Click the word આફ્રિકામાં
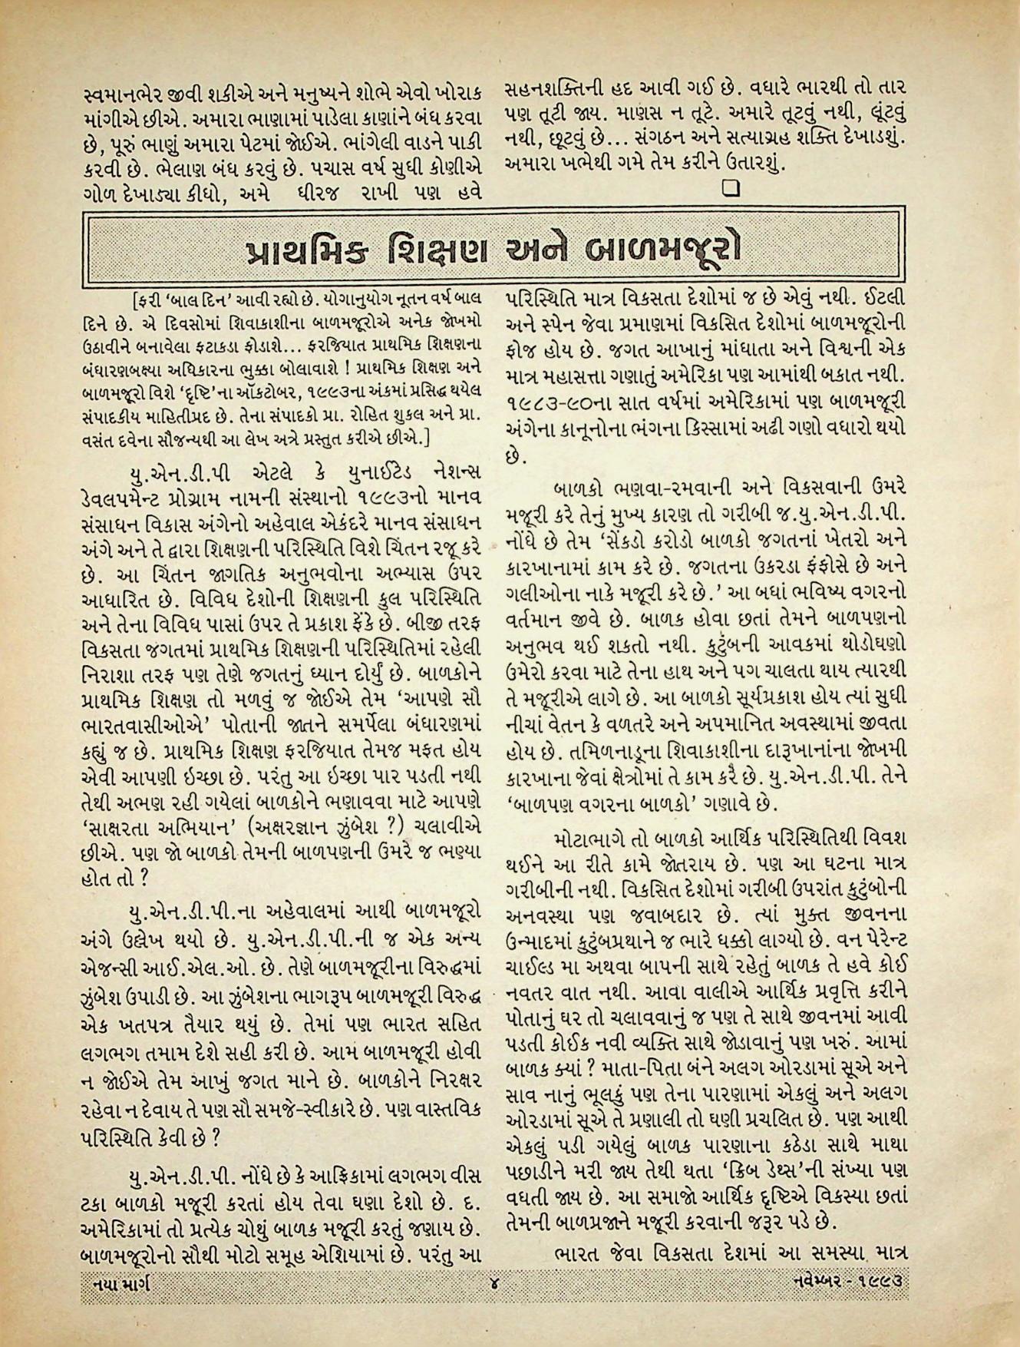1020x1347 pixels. (311, 1199)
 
